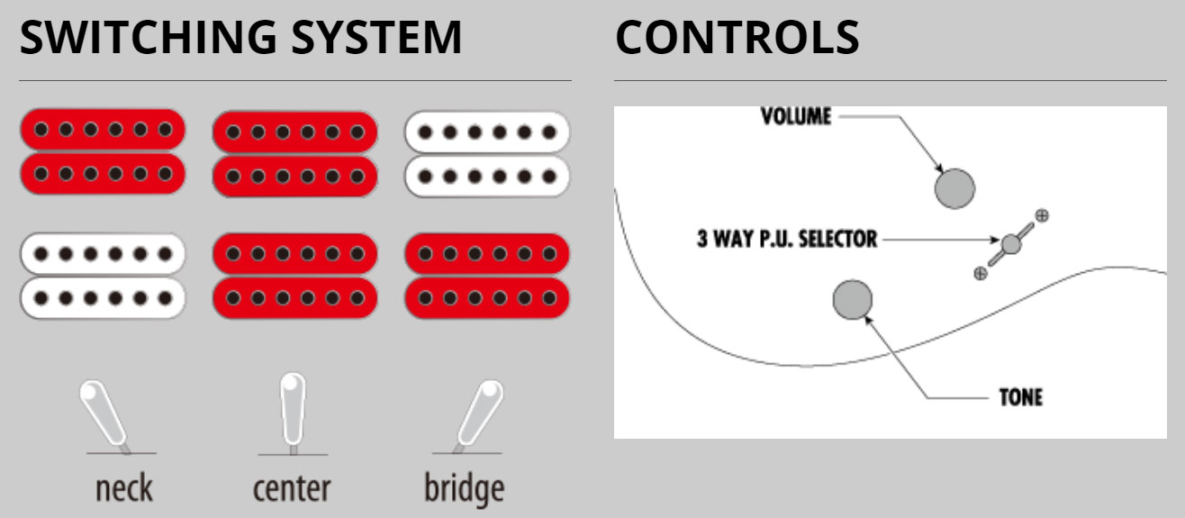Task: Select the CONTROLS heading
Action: (x=737, y=38)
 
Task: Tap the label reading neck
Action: (x=124, y=488)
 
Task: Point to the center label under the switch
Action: (x=291, y=488)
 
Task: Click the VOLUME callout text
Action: (x=796, y=116)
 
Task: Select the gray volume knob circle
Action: (x=954, y=188)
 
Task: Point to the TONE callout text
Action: (x=1020, y=397)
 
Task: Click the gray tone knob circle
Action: (x=853, y=299)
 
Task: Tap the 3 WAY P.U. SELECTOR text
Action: (x=786, y=240)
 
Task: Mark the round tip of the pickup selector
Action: (x=1011, y=243)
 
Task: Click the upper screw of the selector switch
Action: (x=1042, y=215)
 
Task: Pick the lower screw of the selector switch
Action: (x=981, y=273)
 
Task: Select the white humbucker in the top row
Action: (x=487, y=152)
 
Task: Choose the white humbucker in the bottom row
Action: (x=103, y=276)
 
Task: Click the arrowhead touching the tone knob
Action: (x=870, y=316)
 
